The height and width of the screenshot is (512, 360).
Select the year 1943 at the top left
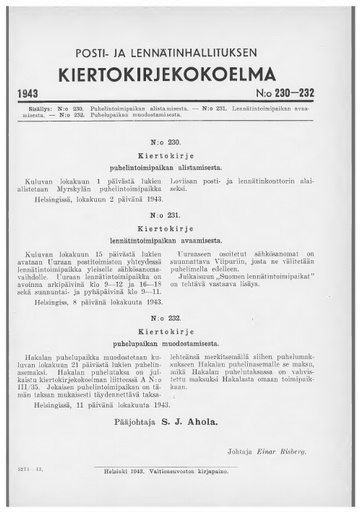(35, 93)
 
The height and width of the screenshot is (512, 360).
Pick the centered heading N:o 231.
(179, 214)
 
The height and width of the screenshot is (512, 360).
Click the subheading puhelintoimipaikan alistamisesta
(179, 169)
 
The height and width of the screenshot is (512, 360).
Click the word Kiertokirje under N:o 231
(179, 227)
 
